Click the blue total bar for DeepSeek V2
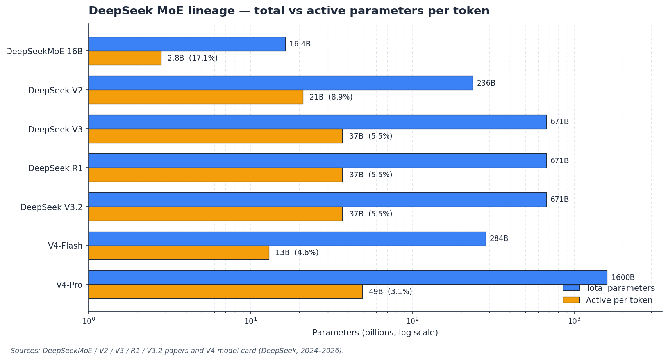tap(280, 83)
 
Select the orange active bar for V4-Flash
tap(179, 253)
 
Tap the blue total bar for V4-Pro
tap(348, 277)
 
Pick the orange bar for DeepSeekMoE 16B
tap(125, 58)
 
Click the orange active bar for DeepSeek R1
tap(215, 175)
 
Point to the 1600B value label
tap(623, 278)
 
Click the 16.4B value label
tap(300, 44)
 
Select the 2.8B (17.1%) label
tap(192, 58)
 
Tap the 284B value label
tap(499, 239)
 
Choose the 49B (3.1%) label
tap(390, 292)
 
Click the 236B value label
tap(486, 83)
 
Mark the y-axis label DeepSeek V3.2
tap(51, 207)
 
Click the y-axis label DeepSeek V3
tap(55, 130)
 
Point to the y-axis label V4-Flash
tap(65, 246)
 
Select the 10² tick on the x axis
tap(412, 321)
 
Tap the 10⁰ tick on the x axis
tap(89, 321)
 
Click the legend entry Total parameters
tap(620, 288)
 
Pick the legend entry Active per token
tap(619, 300)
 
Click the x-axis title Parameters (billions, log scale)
tap(375, 333)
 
